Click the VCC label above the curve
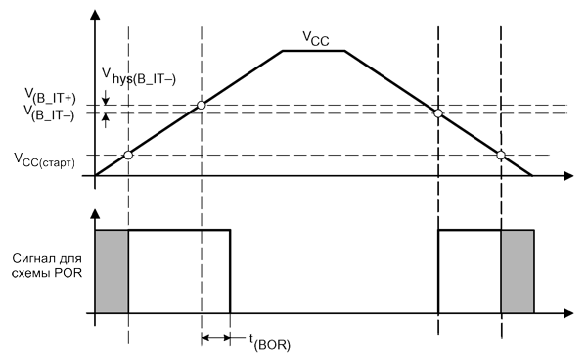[x=316, y=38]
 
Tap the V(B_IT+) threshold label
[x=50, y=96]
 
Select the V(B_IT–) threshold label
[x=49, y=113]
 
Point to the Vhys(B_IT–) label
[x=139, y=76]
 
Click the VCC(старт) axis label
[x=44, y=160]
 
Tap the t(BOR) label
[x=270, y=342]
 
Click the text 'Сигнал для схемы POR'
[x=47, y=265]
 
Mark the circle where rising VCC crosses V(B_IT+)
[x=202, y=105]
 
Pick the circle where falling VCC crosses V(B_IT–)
[x=438, y=113]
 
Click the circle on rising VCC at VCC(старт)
[x=128, y=155]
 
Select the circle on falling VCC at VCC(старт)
[x=501, y=155]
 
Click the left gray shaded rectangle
[x=112, y=271]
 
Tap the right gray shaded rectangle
[x=518, y=271]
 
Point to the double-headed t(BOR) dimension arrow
[x=216, y=337]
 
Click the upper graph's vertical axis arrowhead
[x=96, y=15]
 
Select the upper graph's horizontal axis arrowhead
[x=568, y=175]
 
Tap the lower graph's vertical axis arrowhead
[x=96, y=213]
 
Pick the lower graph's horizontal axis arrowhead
[x=568, y=313]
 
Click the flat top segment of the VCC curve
[x=314, y=51]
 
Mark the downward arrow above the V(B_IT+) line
[x=106, y=97]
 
